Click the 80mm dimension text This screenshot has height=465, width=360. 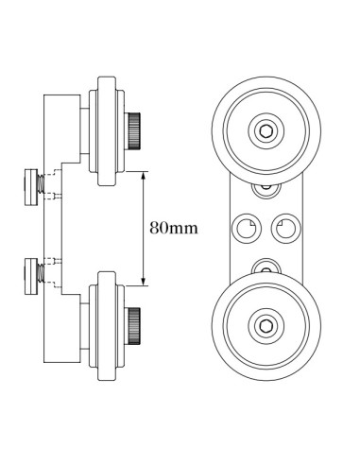[x=172, y=228]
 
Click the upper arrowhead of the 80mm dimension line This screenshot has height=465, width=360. [x=143, y=175]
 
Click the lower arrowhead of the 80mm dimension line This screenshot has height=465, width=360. [x=143, y=281]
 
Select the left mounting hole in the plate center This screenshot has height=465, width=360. [x=246, y=227]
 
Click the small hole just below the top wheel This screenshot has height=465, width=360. [x=265, y=187]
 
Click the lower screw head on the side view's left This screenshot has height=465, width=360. [x=30, y=273]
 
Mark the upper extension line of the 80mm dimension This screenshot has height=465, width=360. [x=132, y=171]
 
